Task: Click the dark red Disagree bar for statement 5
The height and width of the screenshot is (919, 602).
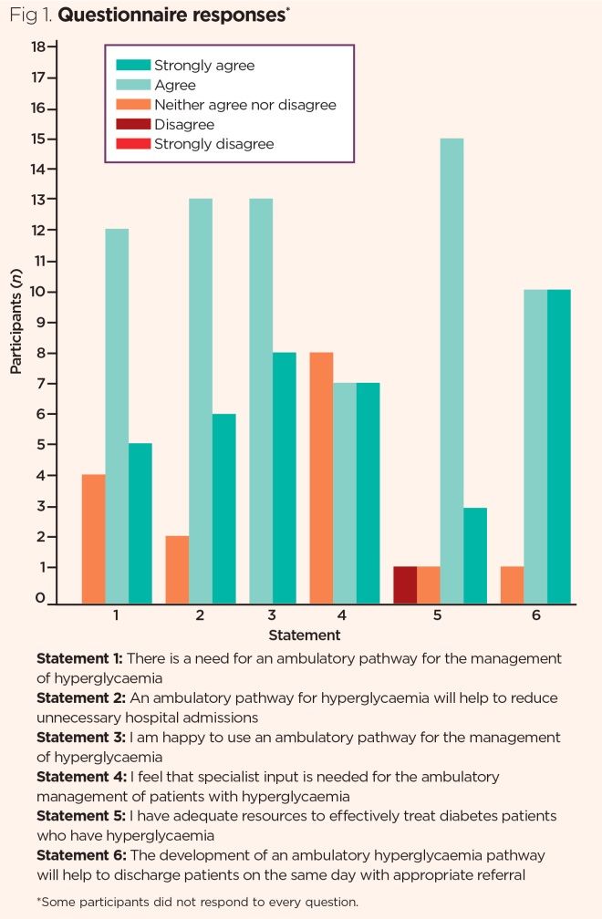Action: pyautogui.click(x=406, y=584)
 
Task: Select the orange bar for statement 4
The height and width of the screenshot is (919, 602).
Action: pyautogui.click(x=322, y=478)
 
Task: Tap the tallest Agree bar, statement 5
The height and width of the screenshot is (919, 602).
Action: pyautogui.click(x=452, y=370)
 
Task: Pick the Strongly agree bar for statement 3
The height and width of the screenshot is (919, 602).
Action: pyautogui.click(x=285, y=478)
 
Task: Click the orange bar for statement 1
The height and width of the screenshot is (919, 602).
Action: pyautogui.click(x=94, y=539)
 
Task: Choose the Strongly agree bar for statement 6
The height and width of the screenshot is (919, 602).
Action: pyautogui.click(x=559, y=447)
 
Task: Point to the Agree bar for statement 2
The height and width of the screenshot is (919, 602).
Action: pyautogui.click(x=201, y=401)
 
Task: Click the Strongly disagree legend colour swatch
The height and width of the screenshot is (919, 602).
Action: pyautogui.click(x=132, y=144)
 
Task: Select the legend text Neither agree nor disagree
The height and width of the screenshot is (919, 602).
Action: pyautogui.click(x=245, y=105)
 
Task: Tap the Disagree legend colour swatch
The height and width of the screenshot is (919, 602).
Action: pyautogui.click(x=132, y=125)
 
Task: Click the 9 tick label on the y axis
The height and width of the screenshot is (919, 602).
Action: pyautogui.click(x=38, y=322)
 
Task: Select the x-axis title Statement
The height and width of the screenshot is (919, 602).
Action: pyautogui.click(x=305, y=635)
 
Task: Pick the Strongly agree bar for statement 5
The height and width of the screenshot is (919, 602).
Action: pyautogui.click(x=475, y=555)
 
